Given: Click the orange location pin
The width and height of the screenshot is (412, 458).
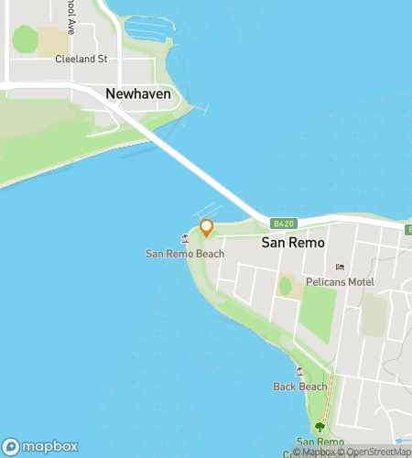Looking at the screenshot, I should (x=207, y=227).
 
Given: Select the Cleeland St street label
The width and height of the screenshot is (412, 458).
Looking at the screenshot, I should (x=81, y=59).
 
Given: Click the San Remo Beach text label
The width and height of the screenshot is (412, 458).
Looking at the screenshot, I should (x=184, y=253).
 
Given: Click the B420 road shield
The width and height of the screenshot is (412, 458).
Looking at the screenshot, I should (x=282, y=224).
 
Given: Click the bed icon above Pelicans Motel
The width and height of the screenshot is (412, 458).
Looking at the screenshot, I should (x=341, y=267).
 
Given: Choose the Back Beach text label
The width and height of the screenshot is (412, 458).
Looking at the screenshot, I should (x=299, y=387).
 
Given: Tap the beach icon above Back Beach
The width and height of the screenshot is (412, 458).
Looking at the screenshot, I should (x=299, y=371).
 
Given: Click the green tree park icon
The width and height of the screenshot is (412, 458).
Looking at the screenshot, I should (x=320, y=427).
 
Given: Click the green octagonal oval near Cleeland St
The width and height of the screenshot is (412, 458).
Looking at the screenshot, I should (x=25, y=39).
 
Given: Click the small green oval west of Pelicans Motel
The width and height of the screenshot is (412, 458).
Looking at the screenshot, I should (x=285, y=287).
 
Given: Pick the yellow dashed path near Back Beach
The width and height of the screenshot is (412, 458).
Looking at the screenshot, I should (x=331, y=394).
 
